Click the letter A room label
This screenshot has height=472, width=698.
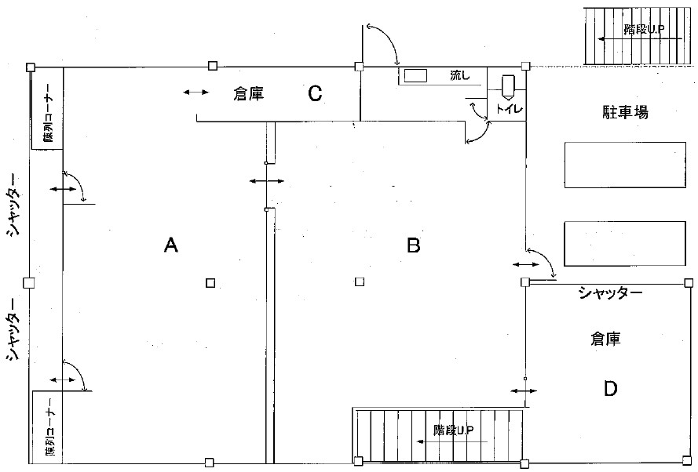171,245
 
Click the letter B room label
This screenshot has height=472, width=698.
414,245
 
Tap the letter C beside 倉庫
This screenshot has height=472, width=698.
315,94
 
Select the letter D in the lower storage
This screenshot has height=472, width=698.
610,388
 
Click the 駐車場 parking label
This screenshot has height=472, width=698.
620,113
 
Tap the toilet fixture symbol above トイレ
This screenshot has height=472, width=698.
507,83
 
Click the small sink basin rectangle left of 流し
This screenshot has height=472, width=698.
415,76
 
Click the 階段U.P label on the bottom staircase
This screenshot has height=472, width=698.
454,430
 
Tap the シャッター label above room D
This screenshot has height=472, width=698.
611,294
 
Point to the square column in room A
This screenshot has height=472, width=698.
210,283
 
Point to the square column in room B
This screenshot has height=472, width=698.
360,282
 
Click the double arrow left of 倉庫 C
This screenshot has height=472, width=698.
196,93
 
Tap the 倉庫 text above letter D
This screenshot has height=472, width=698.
605,339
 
